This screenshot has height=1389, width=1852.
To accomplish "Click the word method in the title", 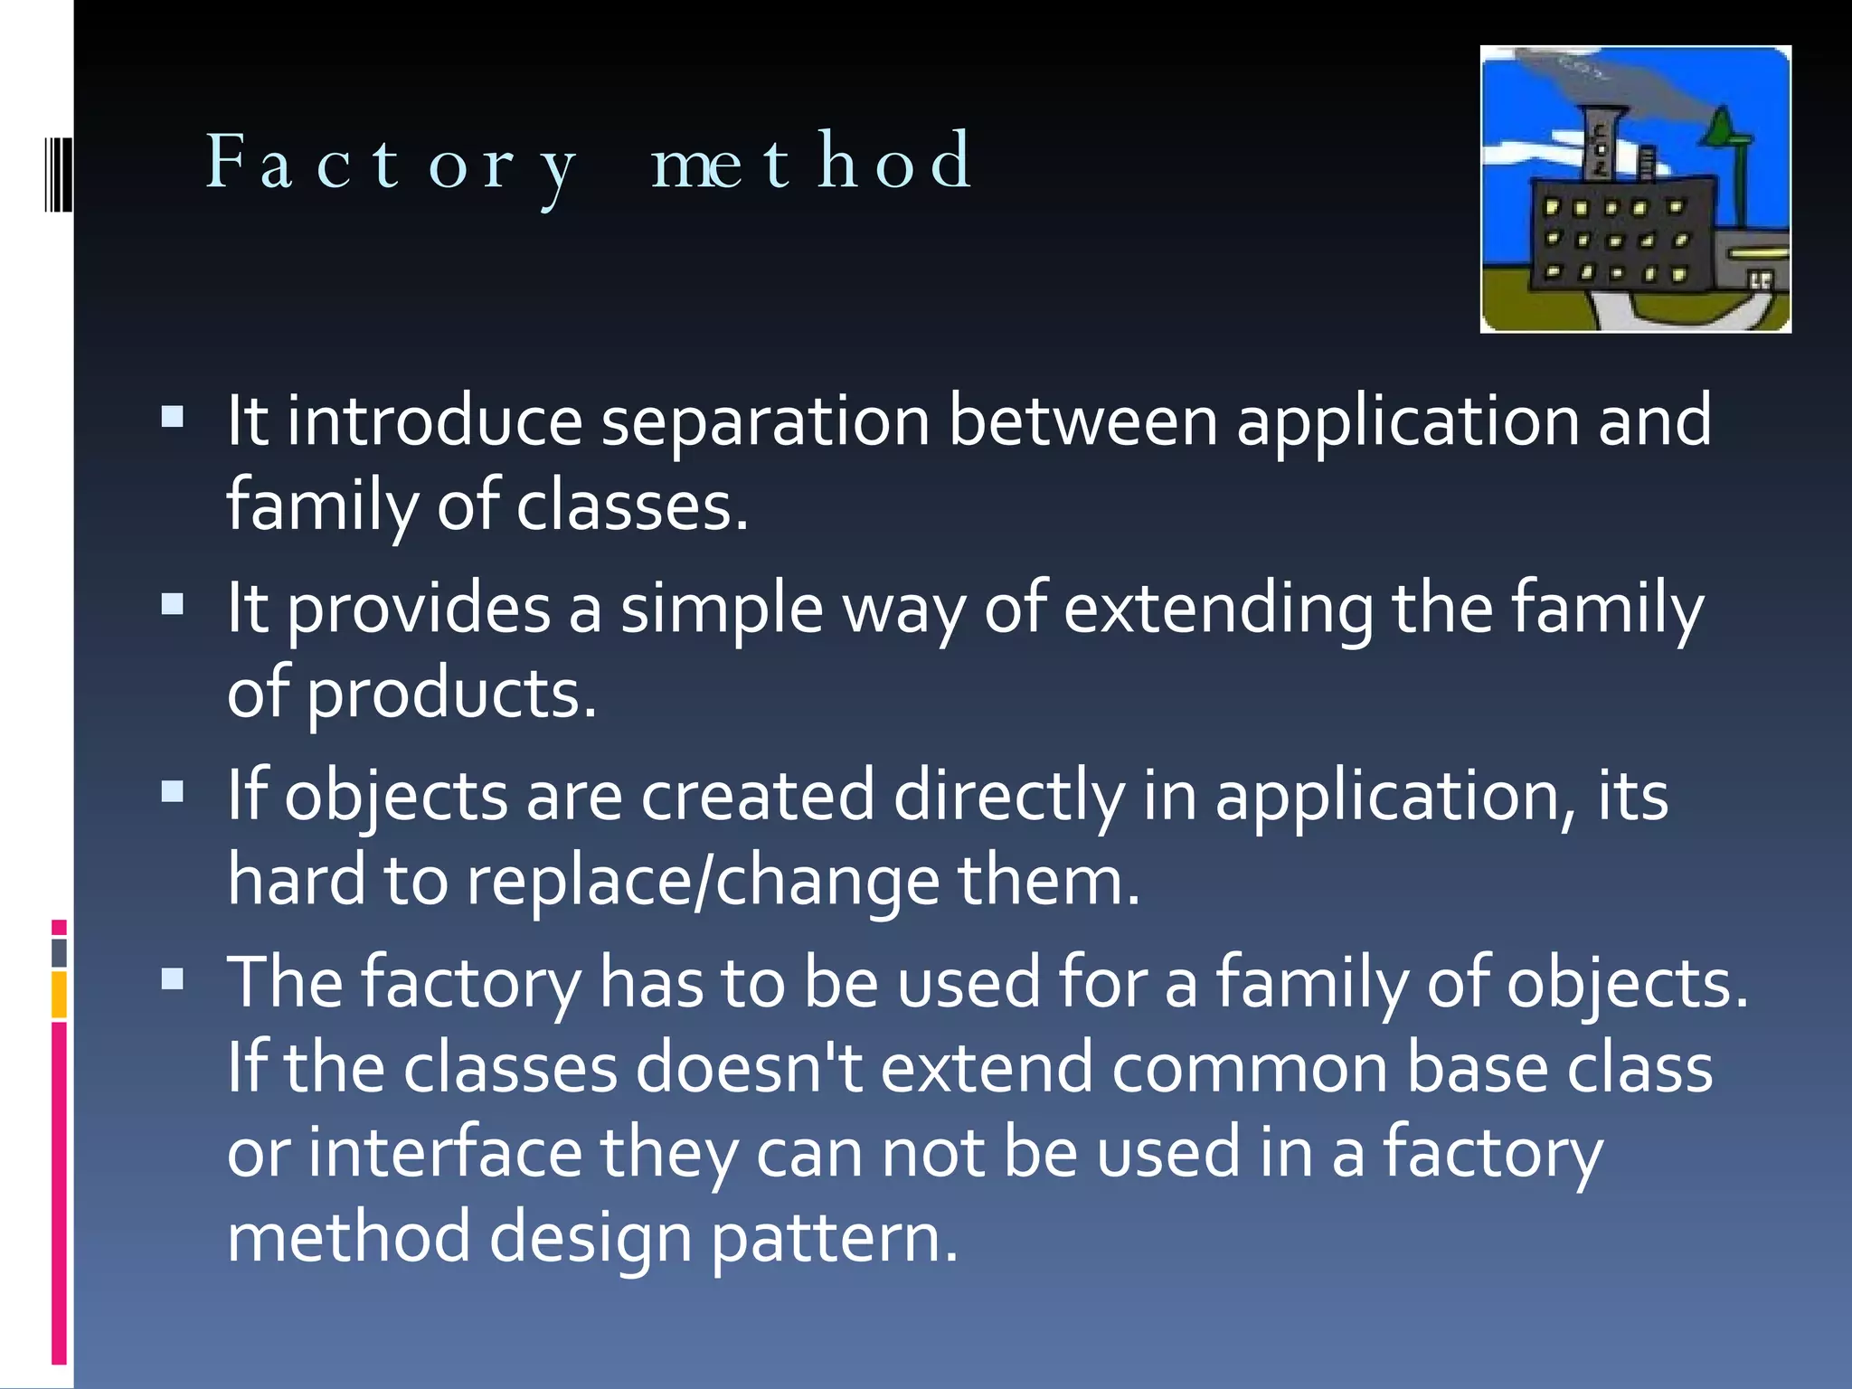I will (811, 161).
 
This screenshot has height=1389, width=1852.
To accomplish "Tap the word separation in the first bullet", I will (765, 421).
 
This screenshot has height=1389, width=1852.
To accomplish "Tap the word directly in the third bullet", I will (1008, 797).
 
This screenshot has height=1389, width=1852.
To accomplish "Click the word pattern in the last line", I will (833, 1238).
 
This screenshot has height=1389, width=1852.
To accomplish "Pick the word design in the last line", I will (591, 1238).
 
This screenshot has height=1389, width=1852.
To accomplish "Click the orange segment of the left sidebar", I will (59, 995).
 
